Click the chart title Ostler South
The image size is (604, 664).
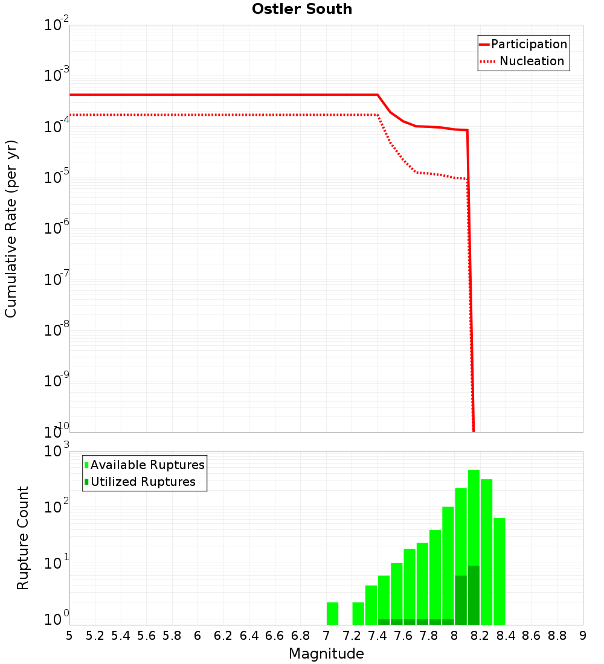(x=302, y=9)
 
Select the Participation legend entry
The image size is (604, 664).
(x=528, y=44)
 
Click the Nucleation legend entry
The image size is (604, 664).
(x=532, y=61)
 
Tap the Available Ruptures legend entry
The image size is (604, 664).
(x=147, y=465)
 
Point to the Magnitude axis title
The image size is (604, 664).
(x=326, y=654)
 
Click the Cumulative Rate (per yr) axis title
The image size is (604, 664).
(x=11, y=229)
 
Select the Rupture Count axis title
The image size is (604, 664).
(x=23, y=538)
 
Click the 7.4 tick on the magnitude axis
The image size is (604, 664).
(x=377, y=635)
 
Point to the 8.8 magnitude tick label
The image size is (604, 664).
(x=557, y=635)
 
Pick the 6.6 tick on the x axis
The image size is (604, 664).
(x=275, y=635)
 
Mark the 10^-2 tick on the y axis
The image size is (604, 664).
(x=56, y=25)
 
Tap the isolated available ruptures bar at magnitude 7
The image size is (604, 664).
(x=332, y=613)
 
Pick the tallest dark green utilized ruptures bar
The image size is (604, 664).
(x=474, y=595)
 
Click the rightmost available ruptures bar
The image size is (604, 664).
(x=500, y=570)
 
